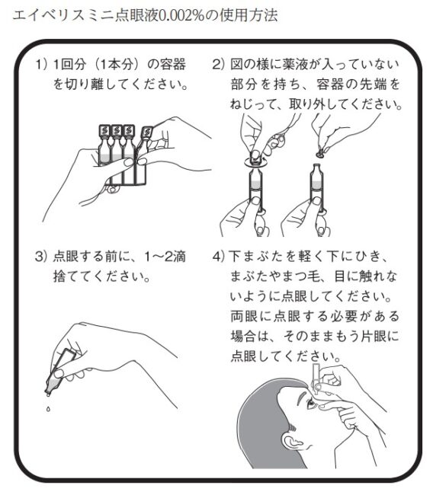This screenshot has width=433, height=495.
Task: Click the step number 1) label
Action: (41, 65)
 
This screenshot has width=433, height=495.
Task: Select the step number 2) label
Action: (218, 65)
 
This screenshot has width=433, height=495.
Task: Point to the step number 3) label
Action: (41, 256)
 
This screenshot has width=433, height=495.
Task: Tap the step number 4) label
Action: (219, 256)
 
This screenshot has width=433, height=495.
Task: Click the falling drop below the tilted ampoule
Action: (48, 409)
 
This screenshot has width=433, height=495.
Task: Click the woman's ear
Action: (290, 442)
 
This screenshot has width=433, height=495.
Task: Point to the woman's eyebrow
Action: (303, 394)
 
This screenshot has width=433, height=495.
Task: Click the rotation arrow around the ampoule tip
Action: (256, 161)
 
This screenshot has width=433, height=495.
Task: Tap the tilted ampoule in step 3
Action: (59, 372)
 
